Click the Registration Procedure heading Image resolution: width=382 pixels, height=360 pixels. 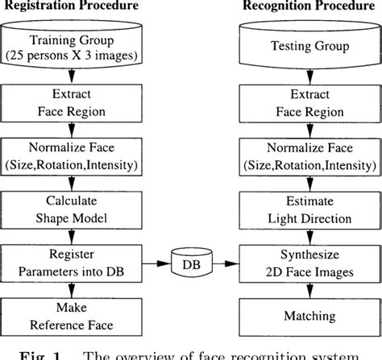pos(75,6)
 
